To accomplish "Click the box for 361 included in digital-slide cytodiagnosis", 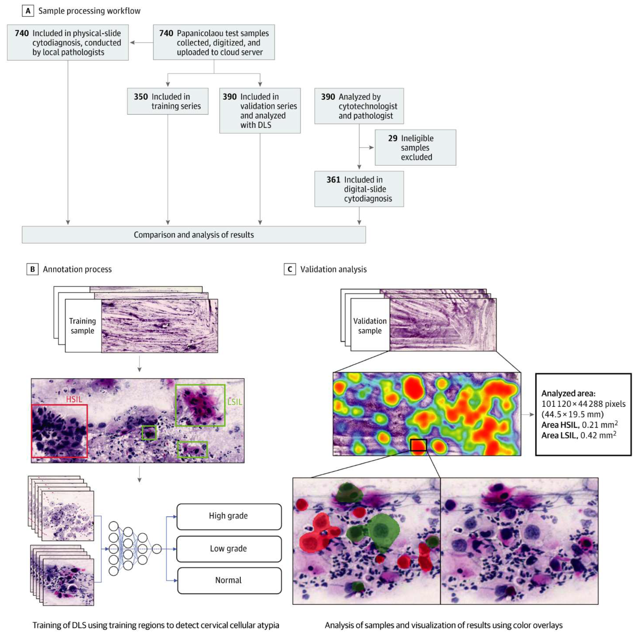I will [359, 189].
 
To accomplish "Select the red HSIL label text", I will [74, 399].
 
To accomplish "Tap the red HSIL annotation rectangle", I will [59, 431].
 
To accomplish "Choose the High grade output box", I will [229, 516].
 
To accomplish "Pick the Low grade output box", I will [229, 549].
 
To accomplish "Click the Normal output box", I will [229, 580].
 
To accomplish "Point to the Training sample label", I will [82, 326].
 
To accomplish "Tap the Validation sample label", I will [370, 326].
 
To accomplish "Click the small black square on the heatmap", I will [418, 445].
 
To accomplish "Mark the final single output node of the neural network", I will [157, 549].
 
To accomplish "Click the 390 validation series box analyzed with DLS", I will [260, 111].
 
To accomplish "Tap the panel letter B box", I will [32, 269].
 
